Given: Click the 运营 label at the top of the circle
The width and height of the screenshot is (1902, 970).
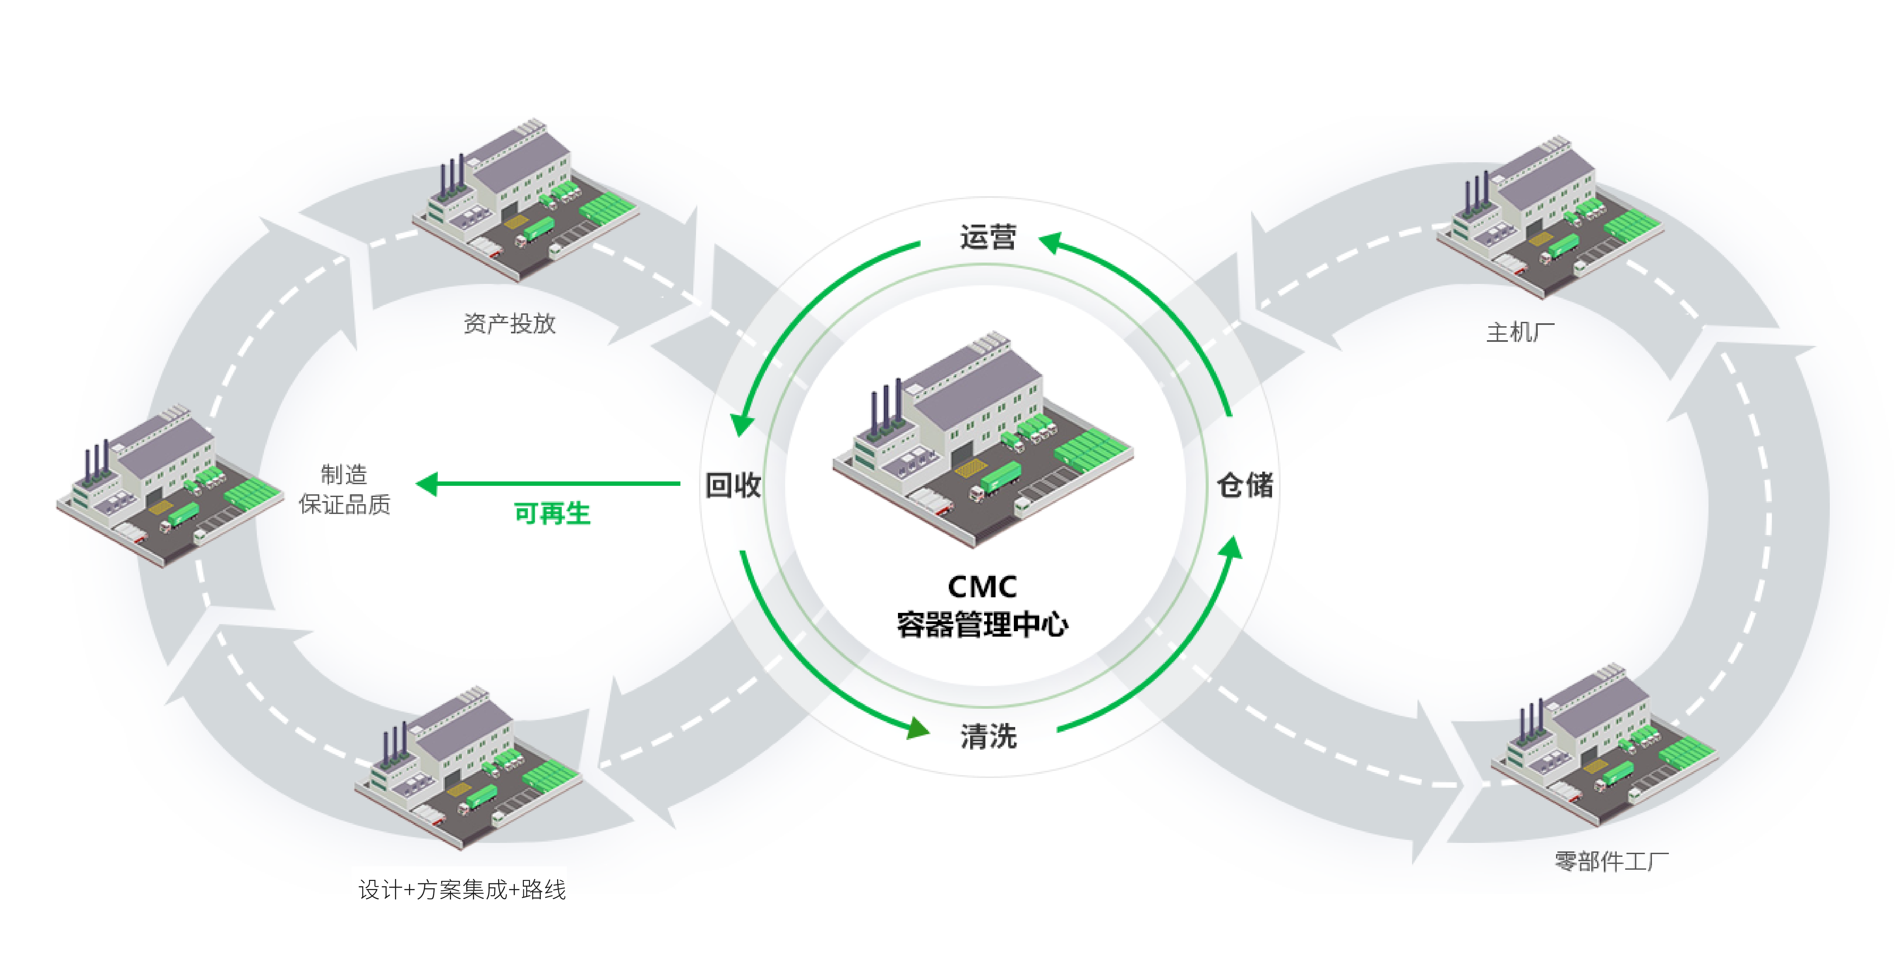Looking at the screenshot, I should tap(988, 238).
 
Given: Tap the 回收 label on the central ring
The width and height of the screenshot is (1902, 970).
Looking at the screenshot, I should tap(733, 485).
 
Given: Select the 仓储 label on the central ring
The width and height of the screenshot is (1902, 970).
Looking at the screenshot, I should tap(1245, 485).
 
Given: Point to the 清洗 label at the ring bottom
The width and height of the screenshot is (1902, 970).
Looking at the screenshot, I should tap(988, 736).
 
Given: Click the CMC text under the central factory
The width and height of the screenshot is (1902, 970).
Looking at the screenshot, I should tap(982, 587).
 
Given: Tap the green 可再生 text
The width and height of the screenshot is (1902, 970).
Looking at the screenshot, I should tap(552, 513).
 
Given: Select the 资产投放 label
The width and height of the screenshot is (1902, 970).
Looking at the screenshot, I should tap(509, 323).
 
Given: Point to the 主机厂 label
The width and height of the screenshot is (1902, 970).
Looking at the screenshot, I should tap(1519, 332).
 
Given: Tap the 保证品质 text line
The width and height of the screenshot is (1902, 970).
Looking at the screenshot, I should tap(344, 504).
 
